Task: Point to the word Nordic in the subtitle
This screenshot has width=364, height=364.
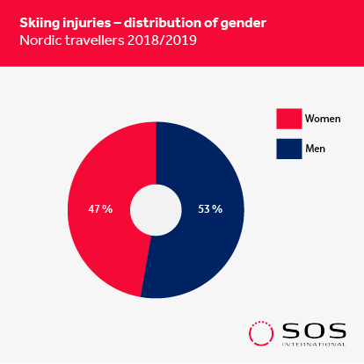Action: coord(40,40)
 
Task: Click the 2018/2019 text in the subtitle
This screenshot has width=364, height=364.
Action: coord(162,40)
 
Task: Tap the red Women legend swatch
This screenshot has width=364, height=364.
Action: coord(289,119)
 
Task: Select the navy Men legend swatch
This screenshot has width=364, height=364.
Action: coord(289,149)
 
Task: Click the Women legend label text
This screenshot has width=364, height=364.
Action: coord(323,119)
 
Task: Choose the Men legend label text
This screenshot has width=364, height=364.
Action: coord(316,149)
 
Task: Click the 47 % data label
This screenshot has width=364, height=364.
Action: coord(100,209)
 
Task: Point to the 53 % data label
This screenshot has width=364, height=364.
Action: coord(210,209)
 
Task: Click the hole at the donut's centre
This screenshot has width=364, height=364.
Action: coord(156,210)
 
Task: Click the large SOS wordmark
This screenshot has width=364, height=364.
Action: coord(314,331)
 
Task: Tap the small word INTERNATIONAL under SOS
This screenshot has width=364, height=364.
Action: coord(314,344)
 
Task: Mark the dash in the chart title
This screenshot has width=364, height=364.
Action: coord(117,24)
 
